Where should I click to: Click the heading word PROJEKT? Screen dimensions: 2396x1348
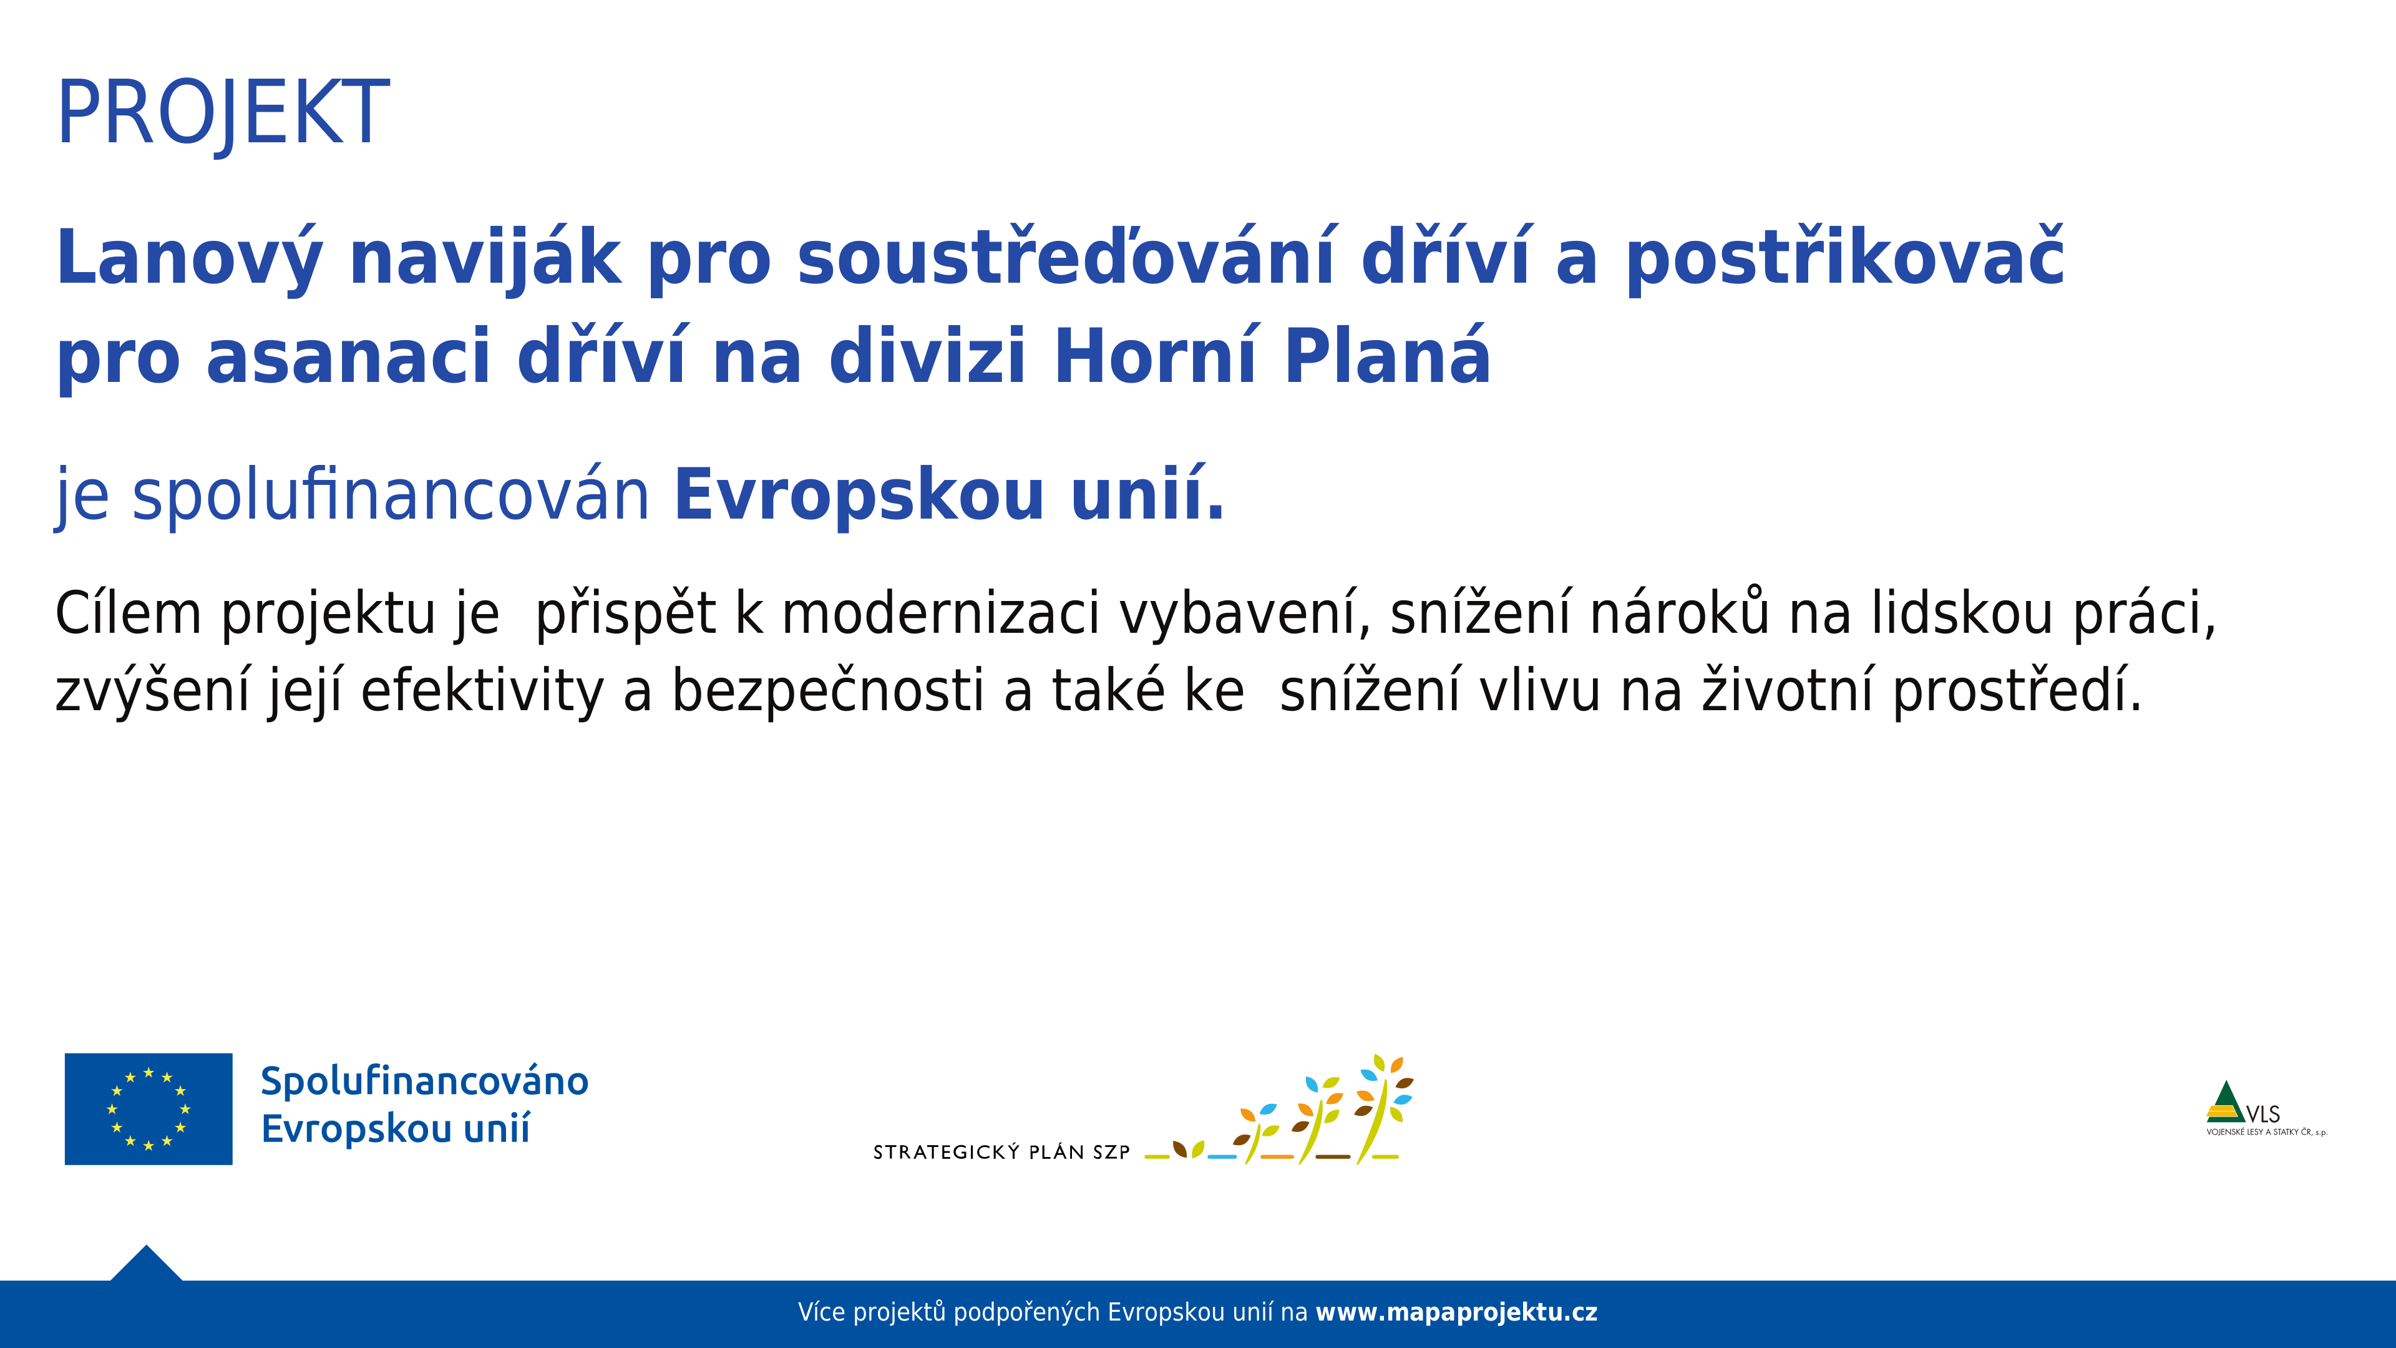(x=223, y=114)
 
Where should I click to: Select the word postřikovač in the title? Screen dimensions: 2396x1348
(x=1844, y=260)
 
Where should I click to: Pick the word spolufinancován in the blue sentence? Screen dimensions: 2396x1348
(x=391, y=496)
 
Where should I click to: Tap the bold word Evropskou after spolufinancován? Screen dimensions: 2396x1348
(x=859, y=496)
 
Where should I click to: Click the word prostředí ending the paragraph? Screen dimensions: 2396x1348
(x=2017, y=692)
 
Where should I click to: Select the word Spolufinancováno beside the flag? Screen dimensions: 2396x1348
(x=424, y=1081)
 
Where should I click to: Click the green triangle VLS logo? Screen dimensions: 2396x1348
(x=2226, y=1103)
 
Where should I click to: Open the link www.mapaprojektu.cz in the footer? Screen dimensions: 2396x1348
(x=1456, y=1312)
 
